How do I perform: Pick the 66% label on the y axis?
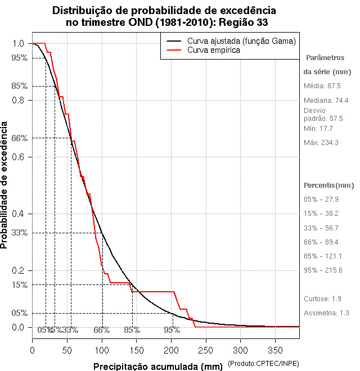click(19, 138)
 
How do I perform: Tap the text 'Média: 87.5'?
click(322, 85)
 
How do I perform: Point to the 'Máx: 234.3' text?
click(321, 143)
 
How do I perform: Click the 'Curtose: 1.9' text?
click(322, 298)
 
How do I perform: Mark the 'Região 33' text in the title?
click(241, 22)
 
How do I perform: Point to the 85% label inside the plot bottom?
click(132, 330)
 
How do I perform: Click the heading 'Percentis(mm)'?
click(329, 185)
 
